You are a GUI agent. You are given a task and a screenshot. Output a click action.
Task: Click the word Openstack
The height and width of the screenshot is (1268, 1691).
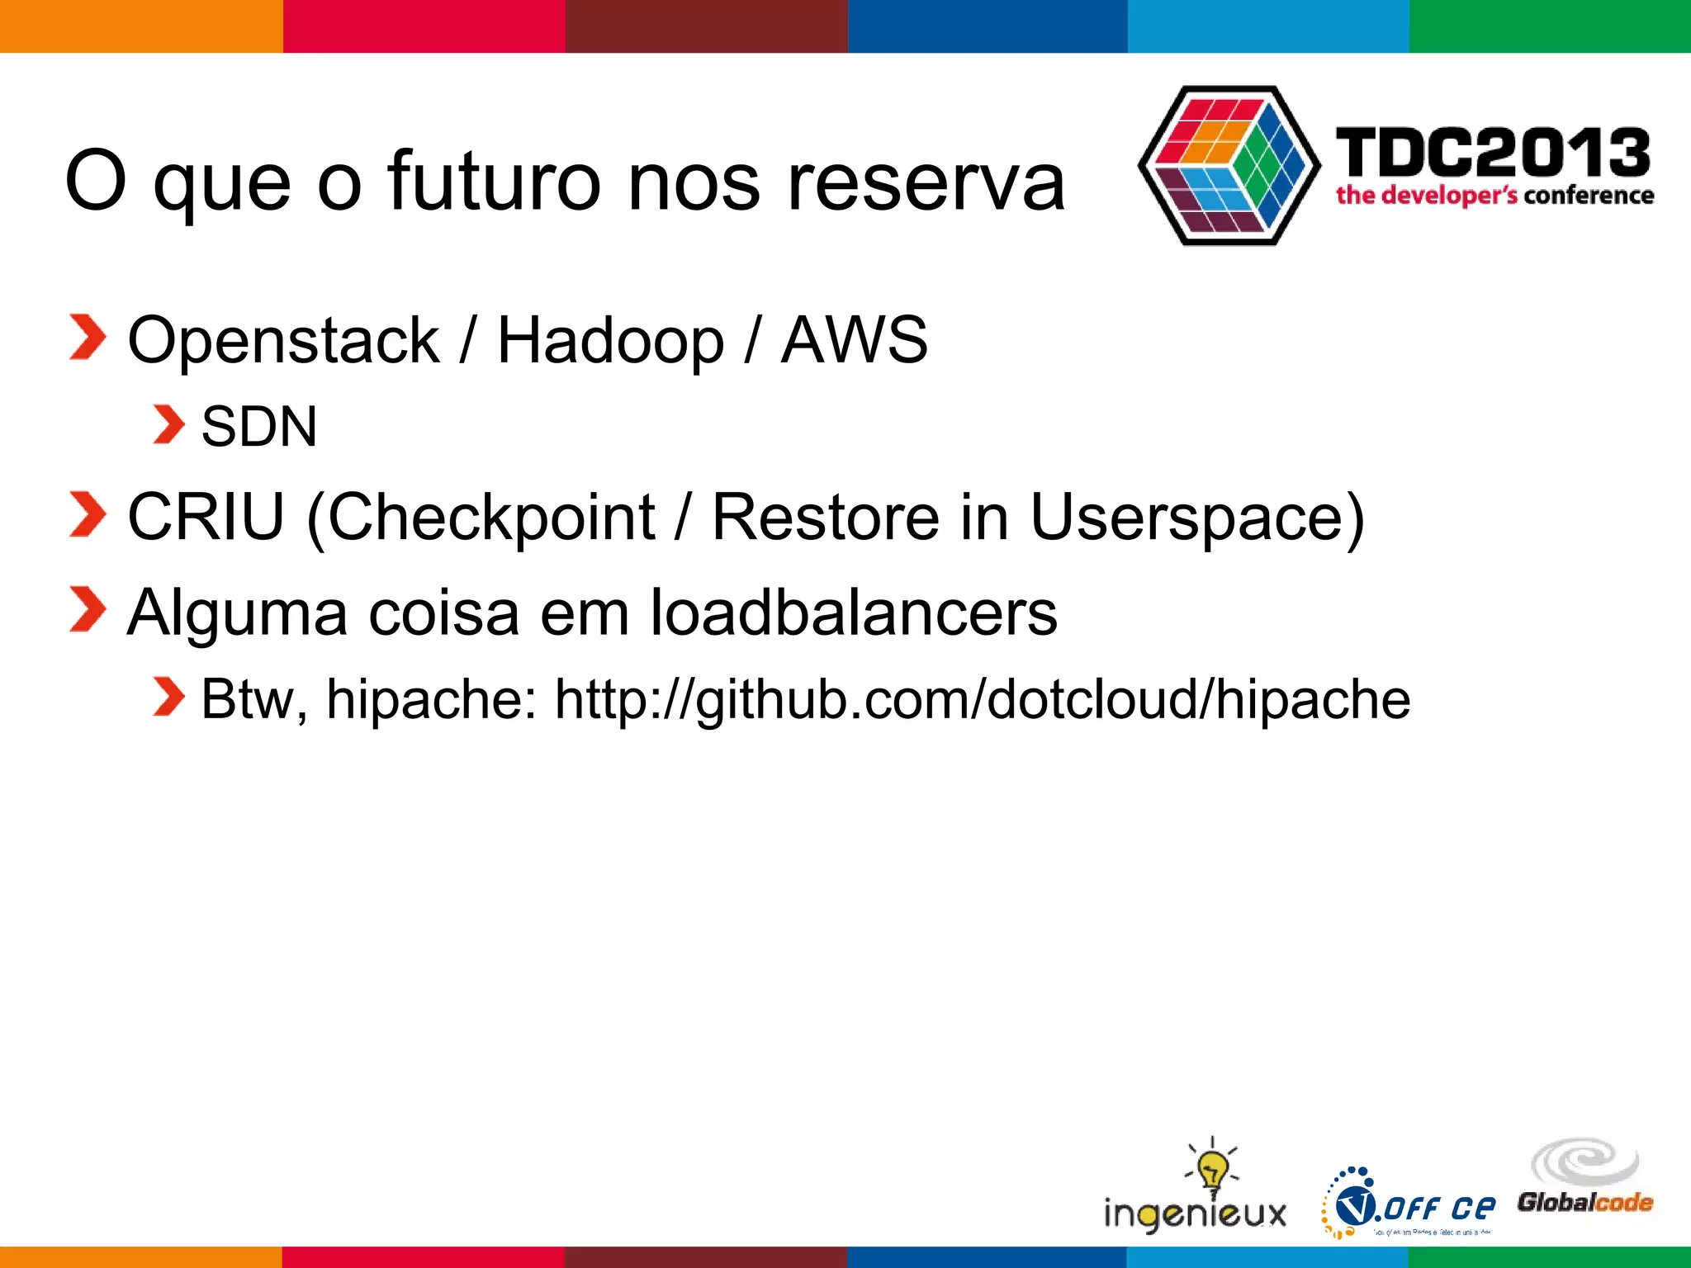click(x=283, y=341)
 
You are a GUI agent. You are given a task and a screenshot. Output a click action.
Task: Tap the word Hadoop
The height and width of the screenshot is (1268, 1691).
click(x=610, y=341)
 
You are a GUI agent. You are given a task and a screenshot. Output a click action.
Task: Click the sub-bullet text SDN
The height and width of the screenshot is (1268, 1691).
click(x=259, y=428)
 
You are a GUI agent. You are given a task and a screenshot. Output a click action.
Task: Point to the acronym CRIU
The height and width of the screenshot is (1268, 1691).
click(x=206, y=518)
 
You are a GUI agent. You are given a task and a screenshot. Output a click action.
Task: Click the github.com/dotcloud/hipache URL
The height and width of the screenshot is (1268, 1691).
click(x=982, y=700)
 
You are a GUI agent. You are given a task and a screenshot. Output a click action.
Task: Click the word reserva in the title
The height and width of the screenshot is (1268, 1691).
click(x=926, y=182)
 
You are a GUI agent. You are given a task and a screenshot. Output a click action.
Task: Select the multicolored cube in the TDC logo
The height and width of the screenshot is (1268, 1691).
click(x=1228, y=165)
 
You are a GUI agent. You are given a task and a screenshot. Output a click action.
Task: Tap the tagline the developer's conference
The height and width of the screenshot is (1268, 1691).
click(x=1494, y=196)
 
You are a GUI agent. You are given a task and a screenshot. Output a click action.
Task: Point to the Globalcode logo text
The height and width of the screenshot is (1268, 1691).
click(x=1584, y=1202)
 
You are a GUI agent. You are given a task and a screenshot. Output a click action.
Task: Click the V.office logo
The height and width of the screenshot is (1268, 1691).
click(x=1412, y=1205)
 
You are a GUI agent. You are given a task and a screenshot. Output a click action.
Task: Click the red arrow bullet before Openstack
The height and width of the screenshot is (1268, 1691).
click(x=88, y=338)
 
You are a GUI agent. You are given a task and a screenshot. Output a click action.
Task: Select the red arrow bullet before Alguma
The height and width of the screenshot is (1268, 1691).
click(x=88, y=609)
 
